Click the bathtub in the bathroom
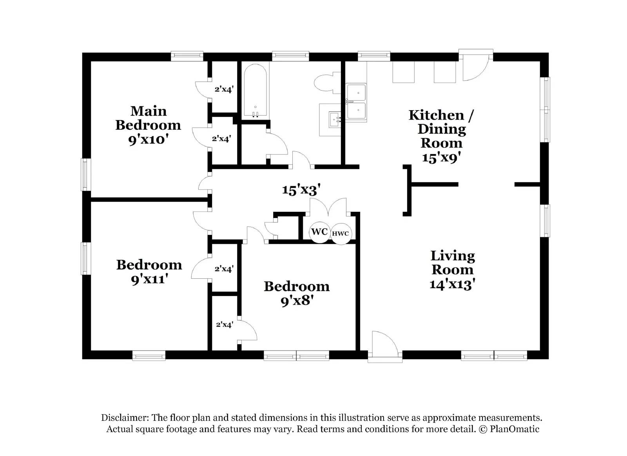(x=255, y=91)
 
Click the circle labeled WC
(x=319, y=232)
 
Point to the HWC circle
(x=341, y=234)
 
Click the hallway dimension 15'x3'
(x=301, y=190)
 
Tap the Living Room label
(x=453, y=270)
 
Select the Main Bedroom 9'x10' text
(x=148, y=125)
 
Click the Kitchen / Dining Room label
(x=441, y=136)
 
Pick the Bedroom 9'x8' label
(x=297, y=293)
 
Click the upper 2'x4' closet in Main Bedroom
(x=224, y=89)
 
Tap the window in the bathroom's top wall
(x=290, y=56)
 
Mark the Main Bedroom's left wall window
(x=85, y=174)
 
